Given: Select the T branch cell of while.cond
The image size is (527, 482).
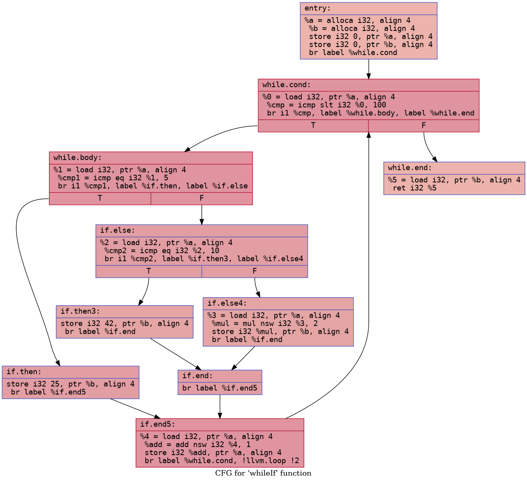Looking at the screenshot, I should coord(313,125).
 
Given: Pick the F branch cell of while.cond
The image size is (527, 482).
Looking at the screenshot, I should coord(423,125).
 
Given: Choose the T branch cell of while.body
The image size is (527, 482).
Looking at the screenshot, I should coord(100,198).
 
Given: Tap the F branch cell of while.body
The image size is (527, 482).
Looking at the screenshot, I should coord(201,198).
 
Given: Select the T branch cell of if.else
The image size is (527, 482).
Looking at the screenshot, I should coord(149,271).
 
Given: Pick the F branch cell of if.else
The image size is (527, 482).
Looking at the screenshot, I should coord(254,271).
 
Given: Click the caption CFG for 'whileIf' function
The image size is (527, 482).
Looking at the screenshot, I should coord(263,473).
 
